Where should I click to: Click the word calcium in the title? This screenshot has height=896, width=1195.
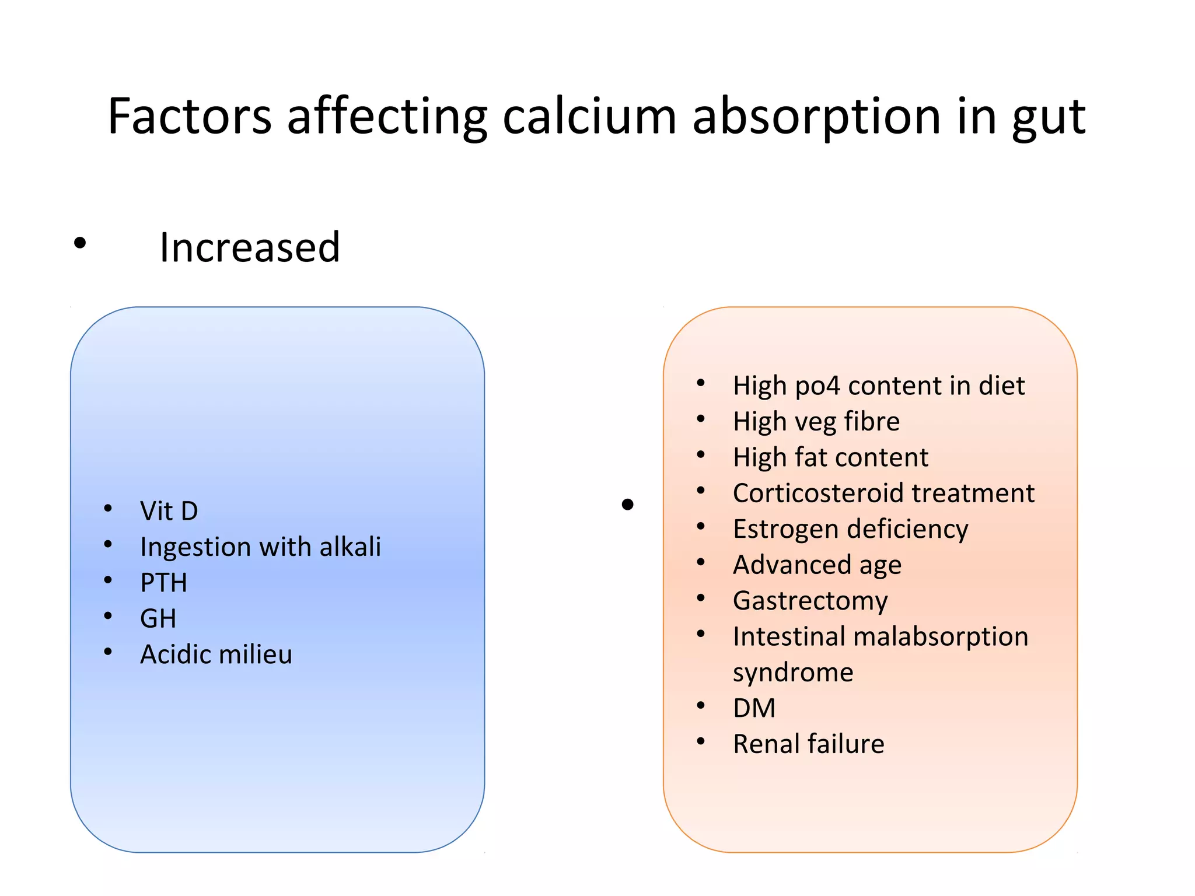pyautogui.click(x=589, y=116)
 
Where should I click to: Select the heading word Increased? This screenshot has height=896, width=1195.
pyautogui.click(x=250, y=247)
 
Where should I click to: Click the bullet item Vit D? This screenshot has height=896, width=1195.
pyautogui.click(x=169, y=511)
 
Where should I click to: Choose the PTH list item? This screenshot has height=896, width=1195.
pyautogui.click(x=164, y=583)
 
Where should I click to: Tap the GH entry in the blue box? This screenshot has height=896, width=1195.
pyautogui.click(x=158, y=618)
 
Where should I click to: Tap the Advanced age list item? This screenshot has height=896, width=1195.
pyautogui.click(x=817, y=565)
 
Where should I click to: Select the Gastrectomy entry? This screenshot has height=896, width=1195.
pyautogui.click(x=810, y=601)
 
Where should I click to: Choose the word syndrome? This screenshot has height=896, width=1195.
pyautogui.click(x=793, y=673)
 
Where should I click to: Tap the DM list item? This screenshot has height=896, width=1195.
pyautogui.click(x=754, y=708)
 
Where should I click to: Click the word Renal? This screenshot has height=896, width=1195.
pyautogui.click(x=766, y=744)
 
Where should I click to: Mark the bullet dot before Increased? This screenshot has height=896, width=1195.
pyautogui.click(x=80, y=243)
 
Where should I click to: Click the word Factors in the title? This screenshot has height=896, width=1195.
pyautogui.click(x=190, y=116)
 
